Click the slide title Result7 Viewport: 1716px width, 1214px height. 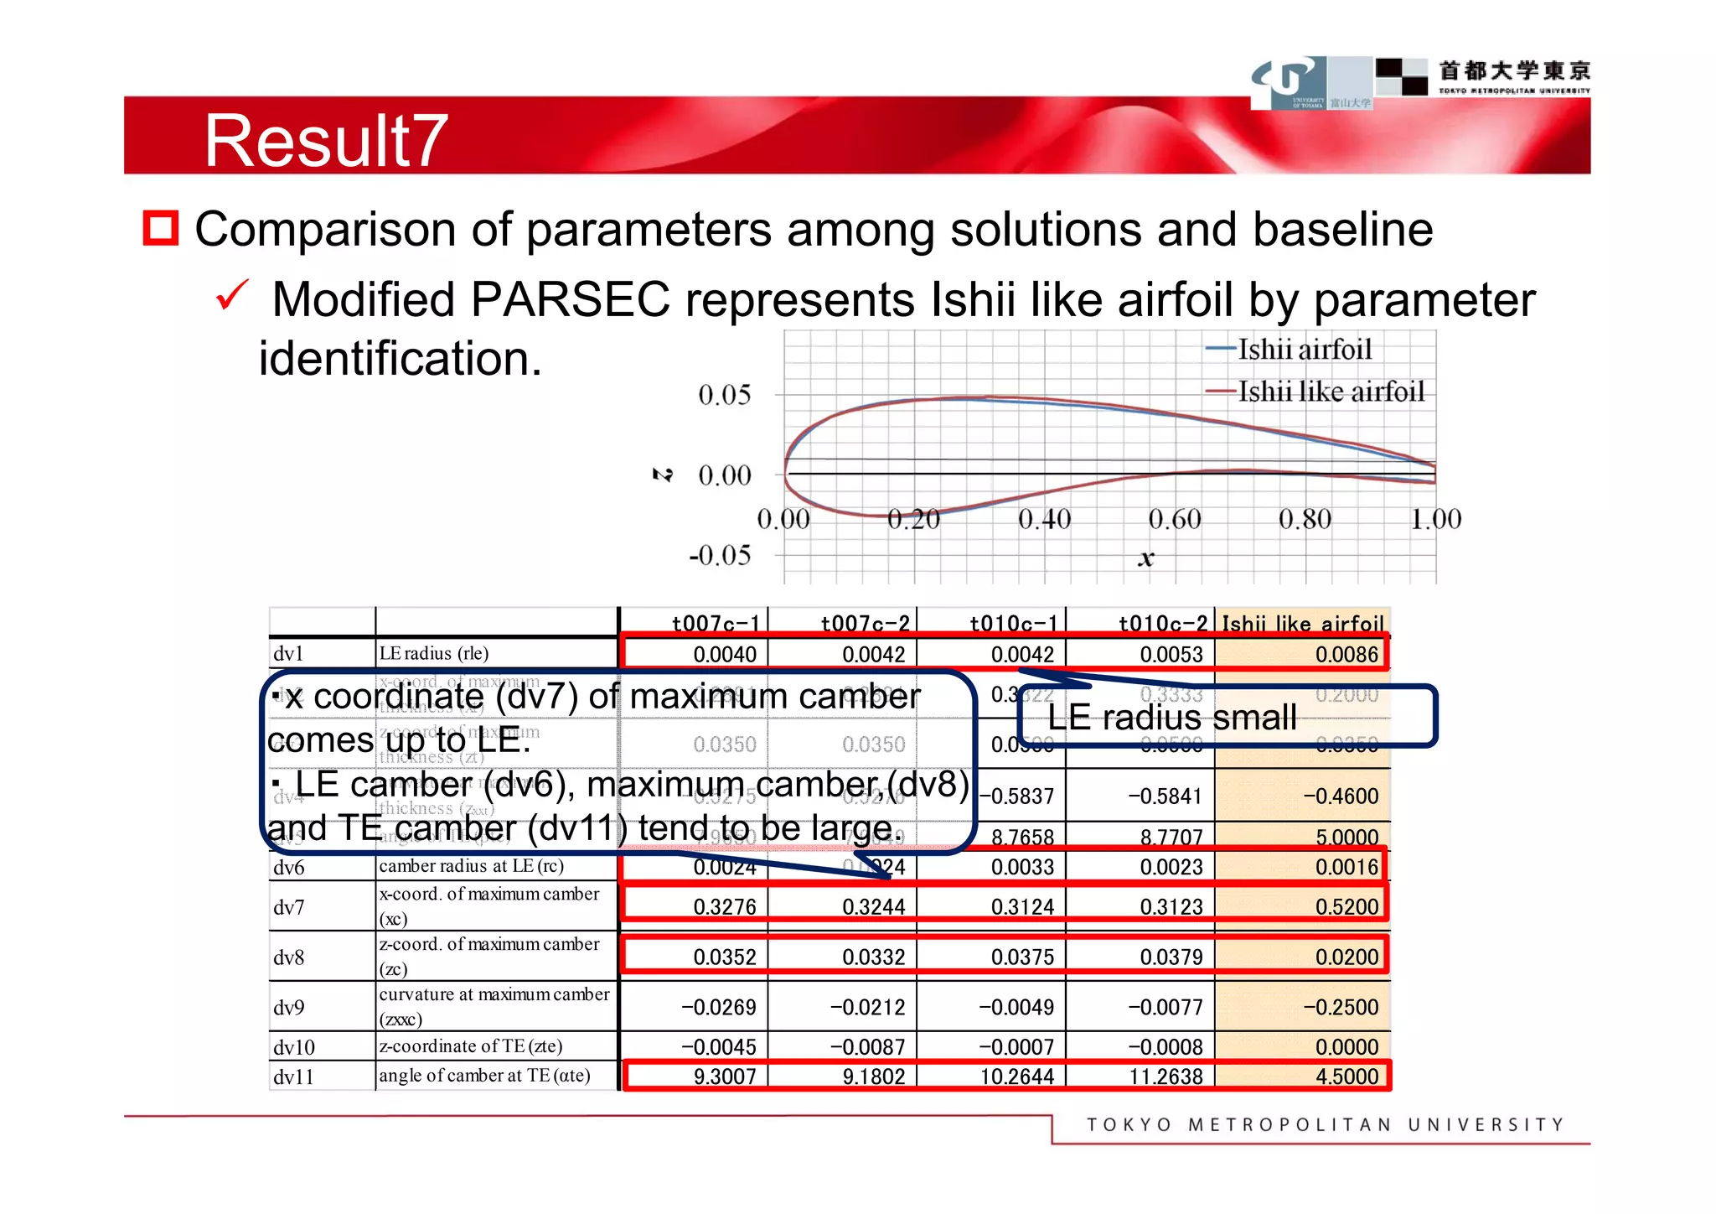[x=325, y=140]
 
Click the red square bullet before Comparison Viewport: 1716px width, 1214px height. [x=161, y=228]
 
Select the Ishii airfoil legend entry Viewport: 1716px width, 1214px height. [x=1304, y=349]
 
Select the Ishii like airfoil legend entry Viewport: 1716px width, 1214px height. [x=1330, y=391]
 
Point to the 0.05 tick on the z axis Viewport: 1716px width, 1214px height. [x=724, y=394]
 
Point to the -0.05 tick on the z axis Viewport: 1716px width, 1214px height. [x=720, y=554]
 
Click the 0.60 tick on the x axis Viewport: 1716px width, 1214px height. [x=1175, y=519]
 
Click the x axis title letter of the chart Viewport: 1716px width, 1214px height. [x=1145, y=558]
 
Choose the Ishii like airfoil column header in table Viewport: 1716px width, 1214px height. [x=1302, y=623]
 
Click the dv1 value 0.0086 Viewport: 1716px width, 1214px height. [x=1346, y=654]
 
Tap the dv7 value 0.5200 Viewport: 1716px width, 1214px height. [x=1346, y=906]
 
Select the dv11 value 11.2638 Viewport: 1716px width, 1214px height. [x=1166, y=1076]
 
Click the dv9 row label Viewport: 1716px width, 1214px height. [x=289, y=1007]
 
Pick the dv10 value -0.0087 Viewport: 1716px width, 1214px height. [x=868, y=1046]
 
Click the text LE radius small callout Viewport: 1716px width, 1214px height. [x=1171, y=717]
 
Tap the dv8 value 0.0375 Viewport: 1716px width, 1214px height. [x=1022, y=957]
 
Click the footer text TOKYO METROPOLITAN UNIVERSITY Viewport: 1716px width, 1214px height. [x=1325, y=1124]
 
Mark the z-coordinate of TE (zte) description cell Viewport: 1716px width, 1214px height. [x=471, y=1045]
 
